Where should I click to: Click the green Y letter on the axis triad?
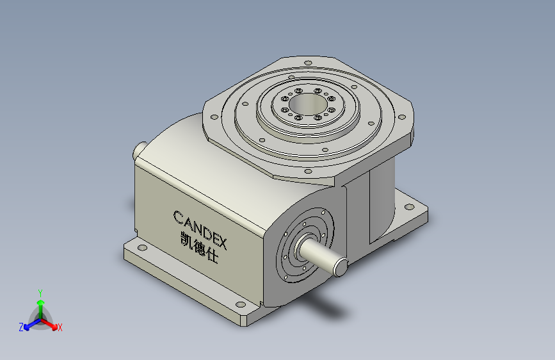[40, 291]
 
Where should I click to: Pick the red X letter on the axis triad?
[60, 328]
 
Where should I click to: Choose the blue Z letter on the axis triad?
[21, 327]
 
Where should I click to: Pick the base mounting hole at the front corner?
[240, 305]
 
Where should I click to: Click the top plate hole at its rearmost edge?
[308, 63]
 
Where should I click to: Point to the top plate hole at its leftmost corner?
[213, 116]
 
